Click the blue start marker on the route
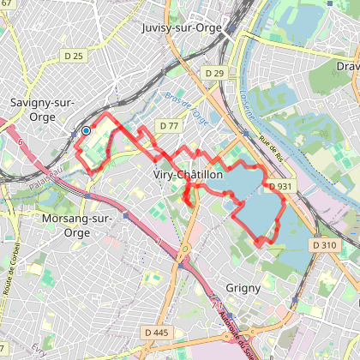tap(87, 131)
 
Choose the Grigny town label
tap(243, 288)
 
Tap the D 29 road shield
tap(213, 75)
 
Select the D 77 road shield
tap(168, 126)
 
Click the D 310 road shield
tap(325, 245)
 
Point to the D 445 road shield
tap(156, 332)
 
